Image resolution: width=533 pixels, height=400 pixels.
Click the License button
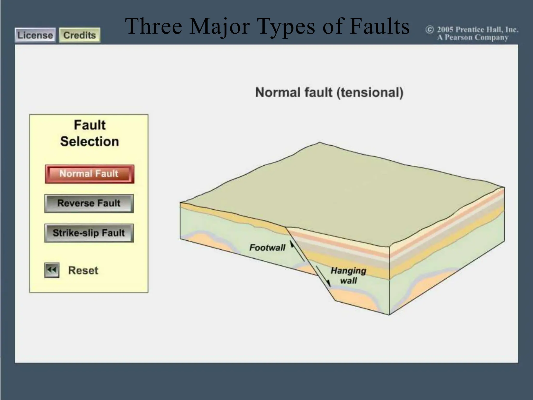(35, 35)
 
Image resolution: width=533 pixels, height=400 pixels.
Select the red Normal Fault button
(89, 174)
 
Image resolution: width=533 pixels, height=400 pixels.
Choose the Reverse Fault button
(89, 203)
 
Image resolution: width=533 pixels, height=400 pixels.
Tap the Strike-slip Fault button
(89, 233)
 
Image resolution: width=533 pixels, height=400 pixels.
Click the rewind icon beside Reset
(52, 270)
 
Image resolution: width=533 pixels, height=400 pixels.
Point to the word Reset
(83, 271)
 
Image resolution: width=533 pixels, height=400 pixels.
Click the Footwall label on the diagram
(267, 247)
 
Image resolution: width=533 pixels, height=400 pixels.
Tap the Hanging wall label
(348, 276)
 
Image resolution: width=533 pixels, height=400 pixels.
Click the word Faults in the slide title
(379, 27)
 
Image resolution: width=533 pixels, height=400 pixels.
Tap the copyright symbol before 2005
(429, 30)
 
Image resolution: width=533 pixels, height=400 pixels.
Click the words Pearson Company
(476, 38)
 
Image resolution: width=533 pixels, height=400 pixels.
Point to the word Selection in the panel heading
(90, 141)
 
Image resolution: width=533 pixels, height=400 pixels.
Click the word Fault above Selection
(90, 125)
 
